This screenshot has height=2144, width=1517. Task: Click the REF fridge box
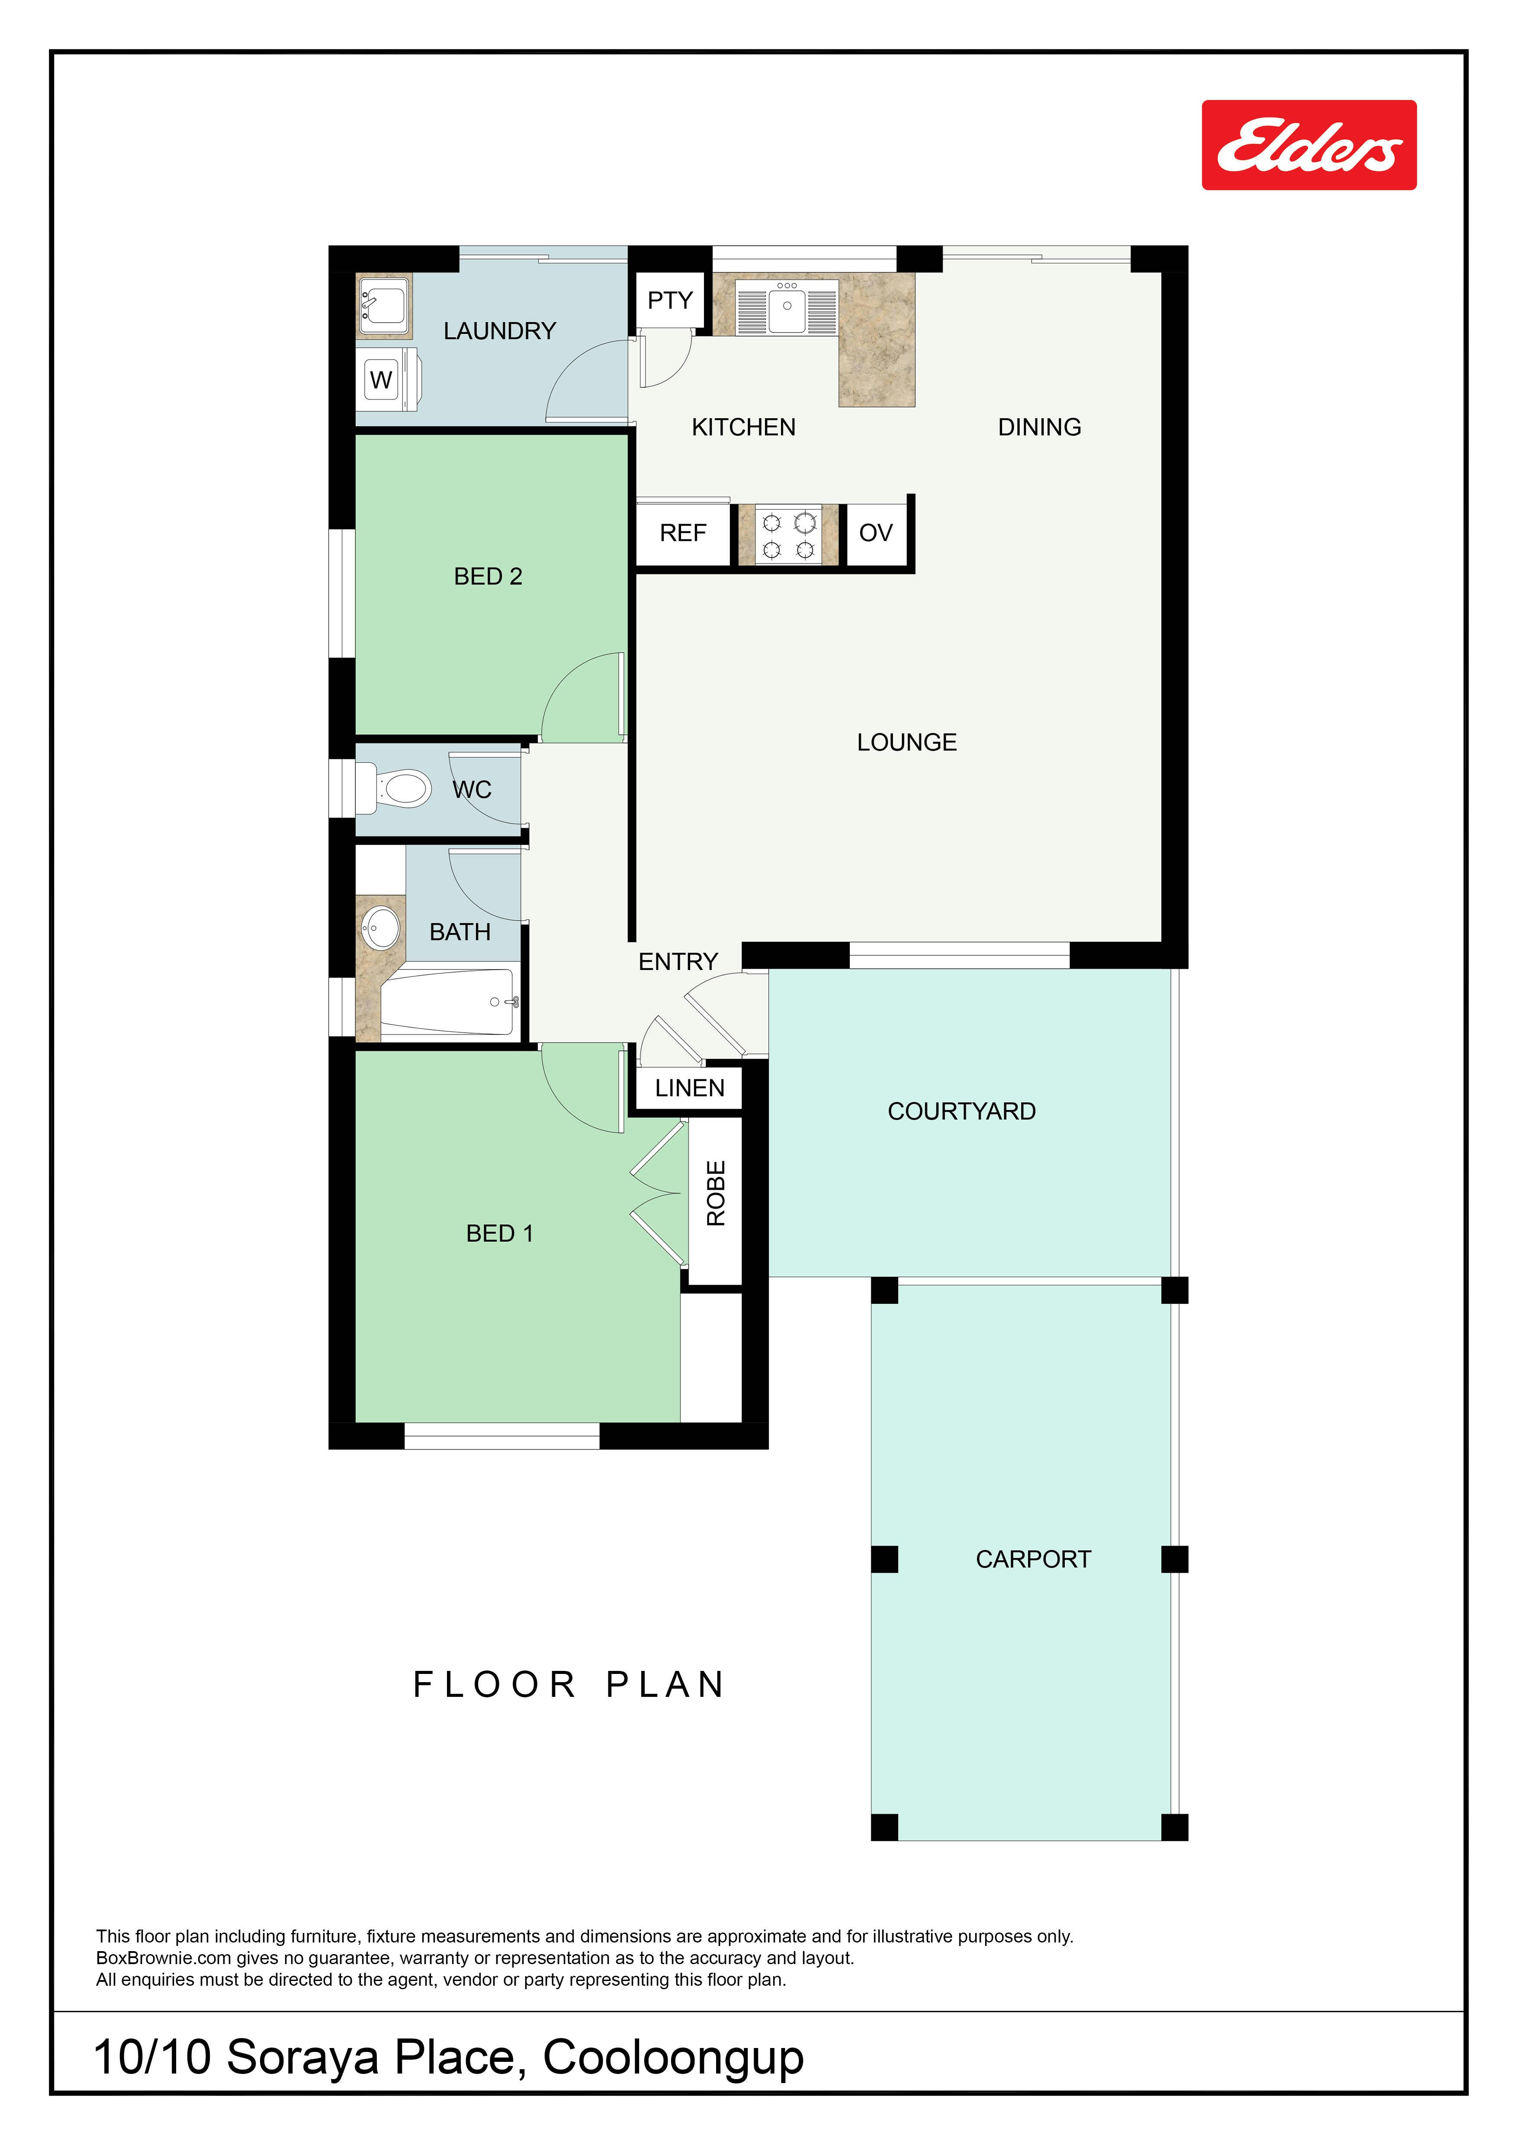coord(683,533)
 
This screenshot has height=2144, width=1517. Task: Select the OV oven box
coord(875,533)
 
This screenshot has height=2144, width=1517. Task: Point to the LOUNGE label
coord(907,742)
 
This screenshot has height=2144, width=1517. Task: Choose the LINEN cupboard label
coord(689,1088)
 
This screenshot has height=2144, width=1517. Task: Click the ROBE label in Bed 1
coord(716,1194)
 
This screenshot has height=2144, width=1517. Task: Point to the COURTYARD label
coord(961,1111)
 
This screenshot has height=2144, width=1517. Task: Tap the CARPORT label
coord(1033,1559)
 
